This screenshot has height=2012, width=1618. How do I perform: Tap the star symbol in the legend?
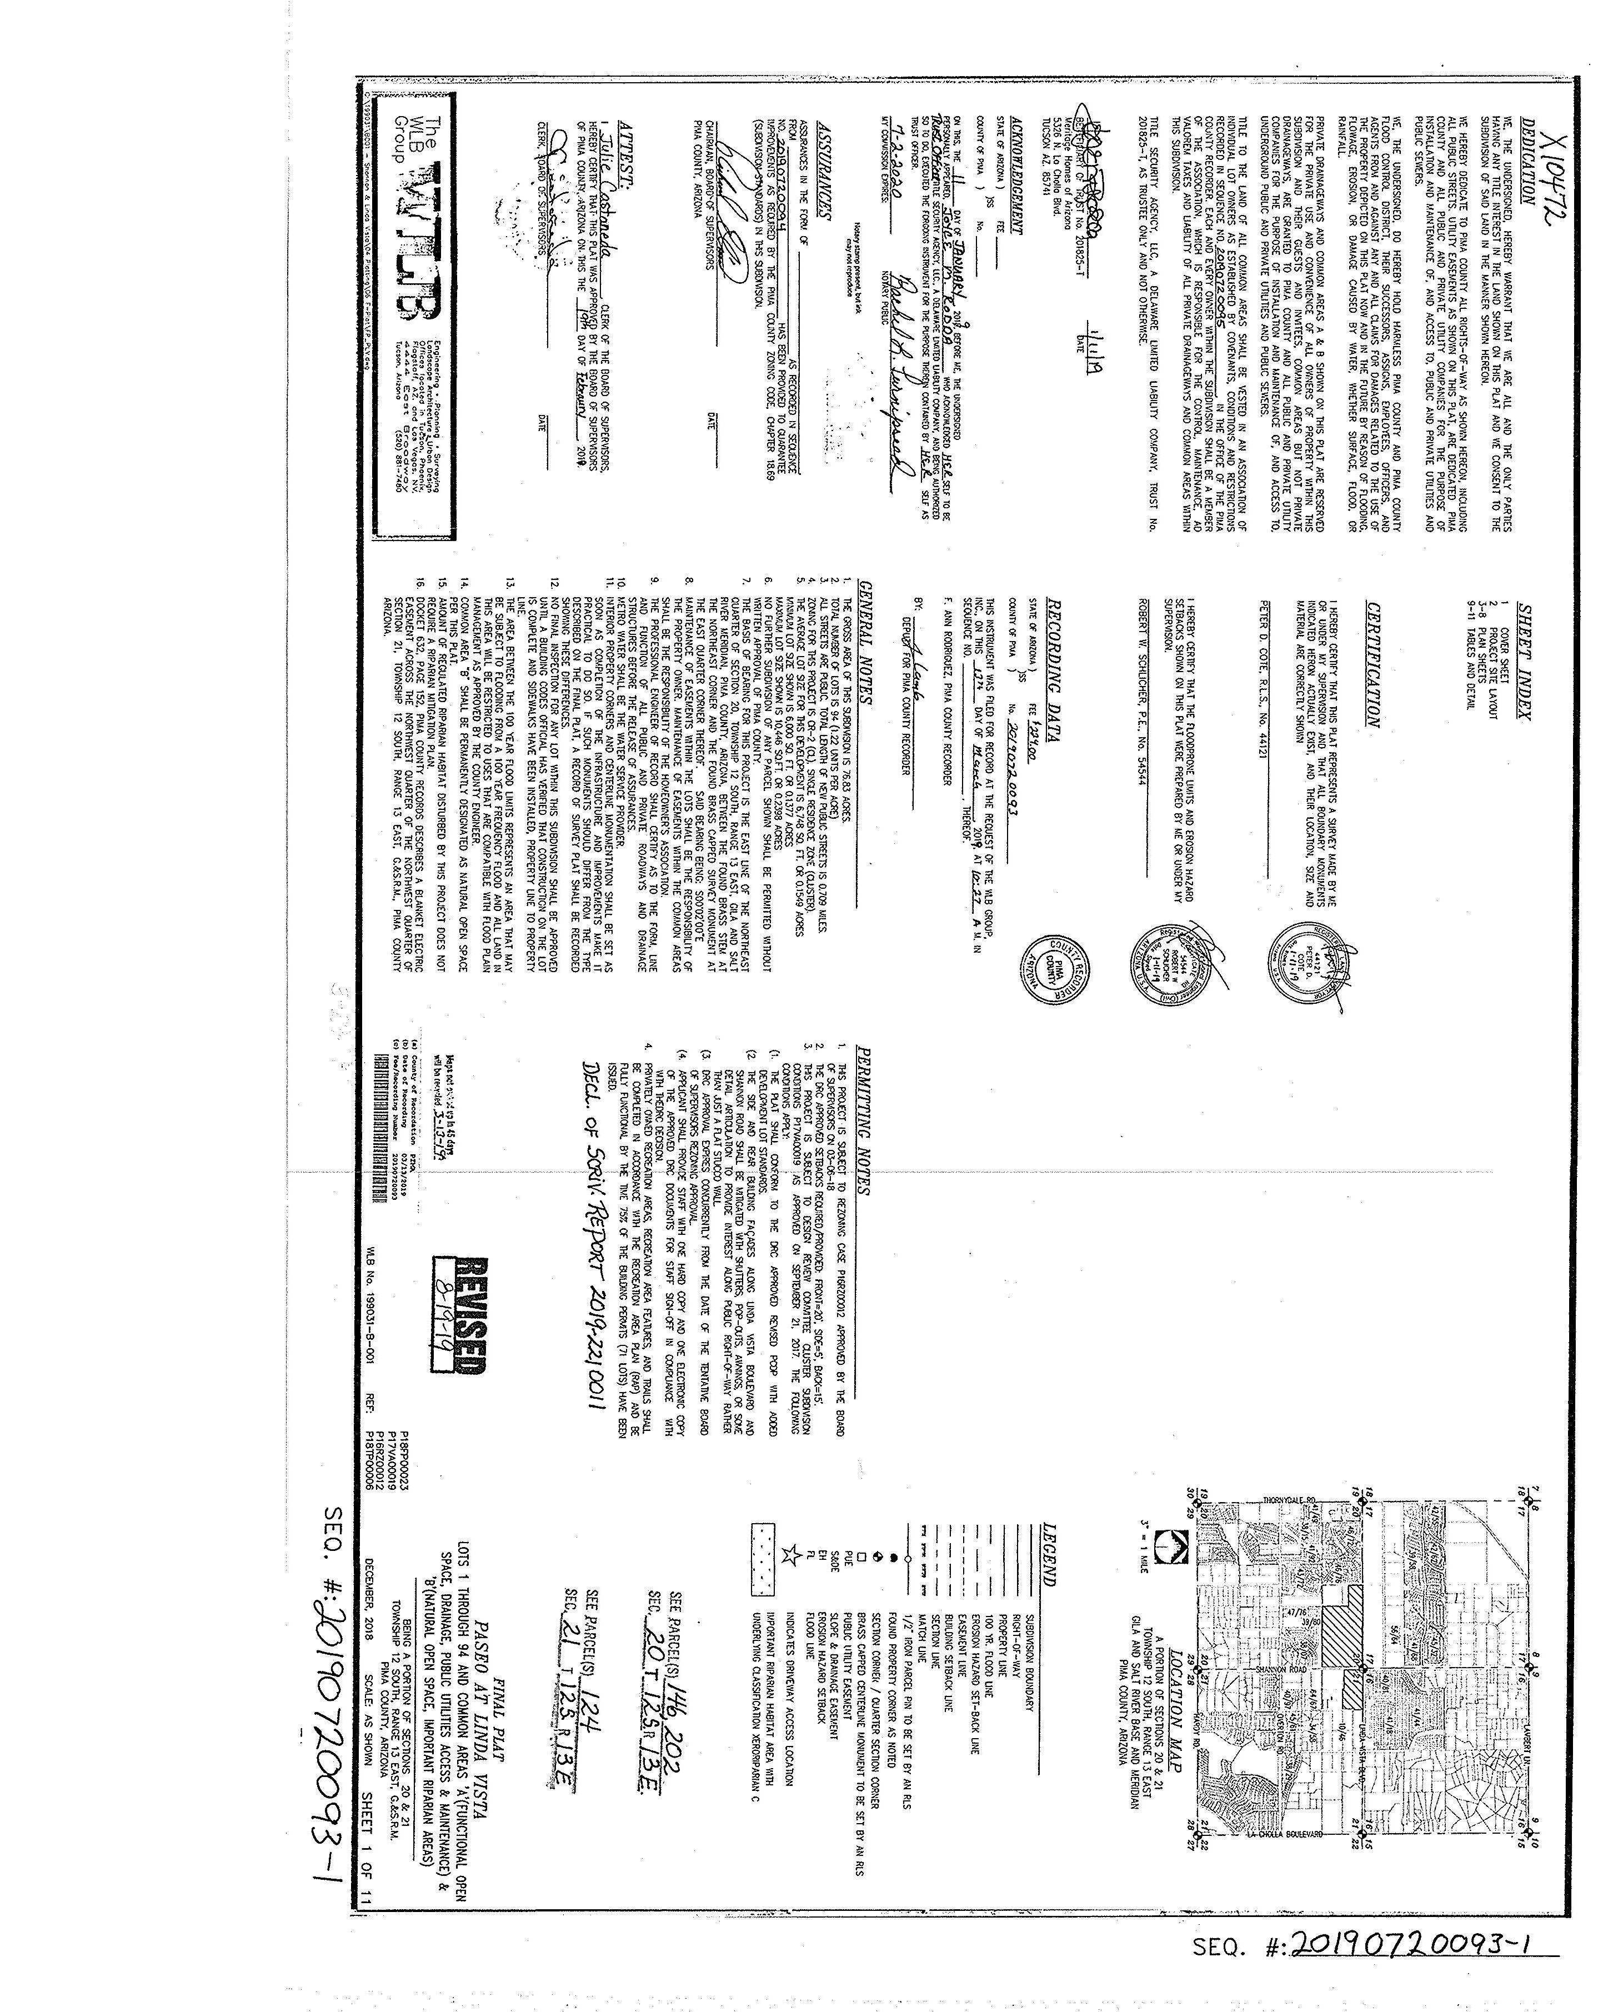pos(790,1555)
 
